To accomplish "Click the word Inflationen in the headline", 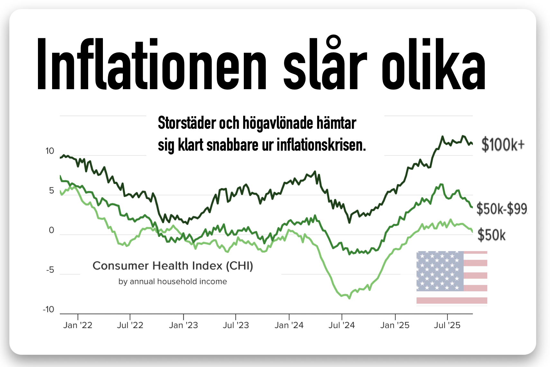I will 151,64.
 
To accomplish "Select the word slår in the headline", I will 325,64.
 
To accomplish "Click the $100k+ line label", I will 503,145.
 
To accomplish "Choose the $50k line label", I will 491,235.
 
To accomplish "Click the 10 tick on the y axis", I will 50,151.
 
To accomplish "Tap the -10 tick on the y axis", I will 49,309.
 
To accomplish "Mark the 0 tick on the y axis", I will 51,230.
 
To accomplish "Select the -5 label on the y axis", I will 50,270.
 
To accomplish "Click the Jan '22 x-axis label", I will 78,325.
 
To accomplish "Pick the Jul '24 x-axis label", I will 342,325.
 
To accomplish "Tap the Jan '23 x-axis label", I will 183,325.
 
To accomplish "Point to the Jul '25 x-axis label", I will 447,325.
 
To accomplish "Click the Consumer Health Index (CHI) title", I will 173,266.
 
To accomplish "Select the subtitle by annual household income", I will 173,281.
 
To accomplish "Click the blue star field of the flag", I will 440,271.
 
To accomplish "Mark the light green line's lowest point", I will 349,298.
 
